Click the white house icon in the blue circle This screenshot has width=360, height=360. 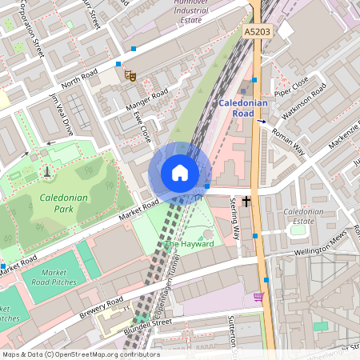coord(180,173)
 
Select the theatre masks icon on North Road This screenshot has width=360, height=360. coord(130,75)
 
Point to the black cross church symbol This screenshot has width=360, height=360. coord(246,201)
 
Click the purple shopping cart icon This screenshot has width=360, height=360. coord(258,297)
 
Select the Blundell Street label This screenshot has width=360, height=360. coord(150,326)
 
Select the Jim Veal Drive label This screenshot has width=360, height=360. coord(62,114)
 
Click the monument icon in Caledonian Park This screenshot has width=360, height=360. coord(46,170)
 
